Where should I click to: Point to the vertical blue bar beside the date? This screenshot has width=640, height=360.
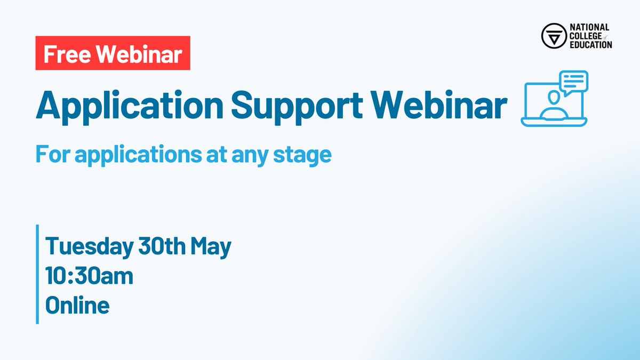pos(38,274)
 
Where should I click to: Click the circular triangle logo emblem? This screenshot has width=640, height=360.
pos(552,36)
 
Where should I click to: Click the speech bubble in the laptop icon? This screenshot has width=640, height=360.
pos(573,82)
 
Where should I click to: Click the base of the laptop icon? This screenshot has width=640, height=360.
pos(554,122)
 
